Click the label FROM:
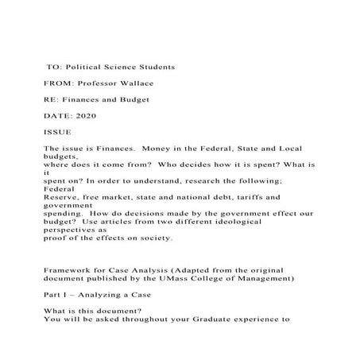(x=58, y=83)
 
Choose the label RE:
(x=52, y=99)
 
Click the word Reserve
(x=62, y=195)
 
